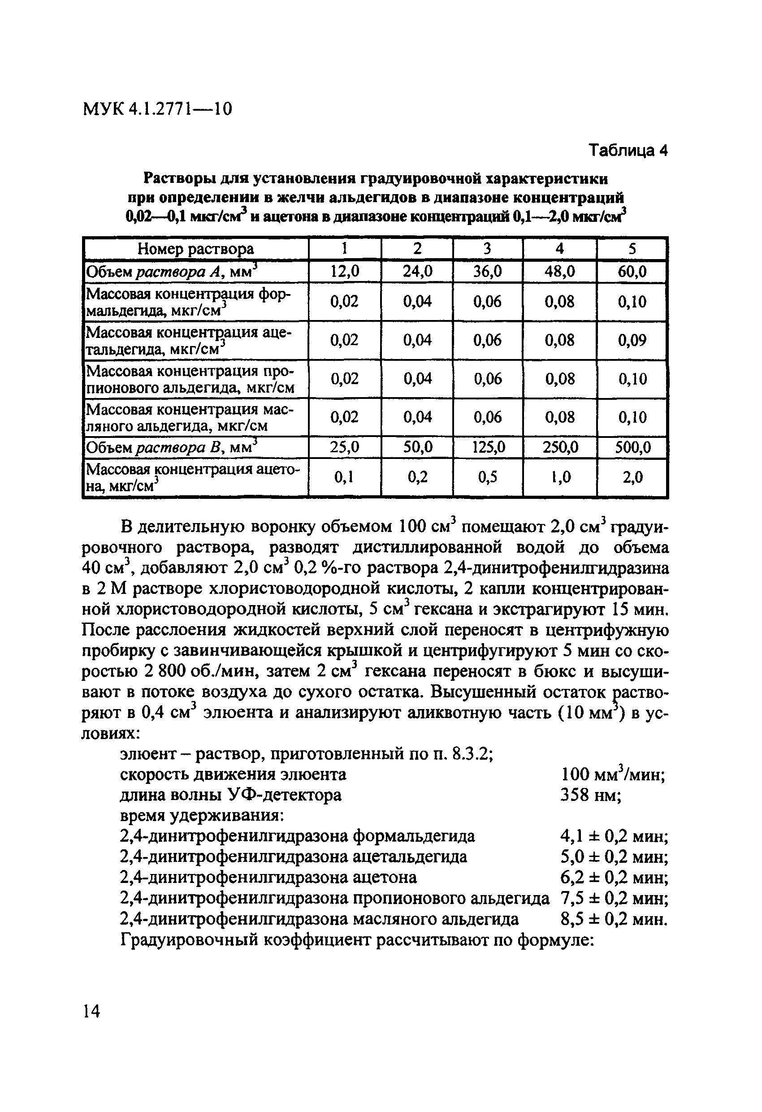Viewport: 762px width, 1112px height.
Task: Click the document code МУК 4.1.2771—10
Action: coord(157,109)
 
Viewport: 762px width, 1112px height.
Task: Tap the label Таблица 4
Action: coord(628,150)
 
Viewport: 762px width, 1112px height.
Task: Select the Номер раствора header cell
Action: coord(196,249)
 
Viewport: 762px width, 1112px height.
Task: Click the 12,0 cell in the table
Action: coord(345,272)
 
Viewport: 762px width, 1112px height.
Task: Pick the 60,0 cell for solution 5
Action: coord(632,272)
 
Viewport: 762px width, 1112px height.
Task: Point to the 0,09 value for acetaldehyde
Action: coord(632,340)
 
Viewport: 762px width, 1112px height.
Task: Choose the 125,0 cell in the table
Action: coord(487,447)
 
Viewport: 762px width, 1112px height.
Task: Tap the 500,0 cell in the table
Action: coord(632,447)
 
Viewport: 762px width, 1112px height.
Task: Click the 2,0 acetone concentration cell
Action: coord(632,477)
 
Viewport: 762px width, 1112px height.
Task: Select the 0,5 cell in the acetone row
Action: coord(487,477)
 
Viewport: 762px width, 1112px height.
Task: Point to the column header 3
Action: coord(487,249)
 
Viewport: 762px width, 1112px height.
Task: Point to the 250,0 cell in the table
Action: coord(559,447)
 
